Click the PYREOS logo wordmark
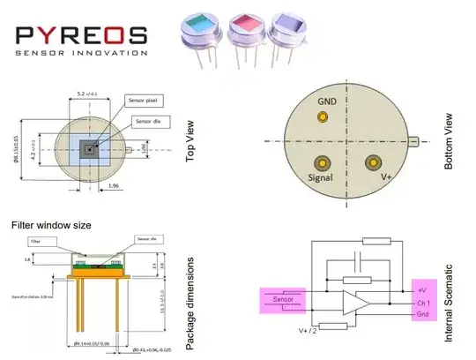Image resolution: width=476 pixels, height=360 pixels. (81, 34)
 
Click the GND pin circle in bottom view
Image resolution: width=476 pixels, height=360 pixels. (323, 118)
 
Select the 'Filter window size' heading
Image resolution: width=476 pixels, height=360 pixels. (50, 225)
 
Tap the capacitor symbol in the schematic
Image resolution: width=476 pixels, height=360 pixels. (354, 260)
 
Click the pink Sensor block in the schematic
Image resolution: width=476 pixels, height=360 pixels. (281, 300)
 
